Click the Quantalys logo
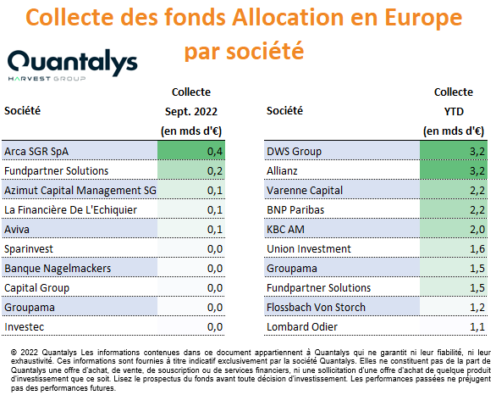coord(73,64)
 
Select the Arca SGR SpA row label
coord(36,152)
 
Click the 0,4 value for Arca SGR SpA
coord(215,152)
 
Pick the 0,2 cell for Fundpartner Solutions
coord(215,171)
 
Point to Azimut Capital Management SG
coord(80,191)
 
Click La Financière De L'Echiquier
coord(70,210)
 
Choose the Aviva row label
coord(17,230)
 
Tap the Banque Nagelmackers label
coord(58,269)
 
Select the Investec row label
coord(24,327)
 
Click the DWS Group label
coord(294,152)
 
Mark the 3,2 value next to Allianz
coord(477,171)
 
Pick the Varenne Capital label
coord(305,191)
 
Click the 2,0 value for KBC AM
coord(477,230)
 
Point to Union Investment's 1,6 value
coord(477,249)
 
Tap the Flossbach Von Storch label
coord(316,308)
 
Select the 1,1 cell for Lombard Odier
coord(477,327)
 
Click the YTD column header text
coord(454,112)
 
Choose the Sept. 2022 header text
coord(191,112)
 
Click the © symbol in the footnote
coord(14,353)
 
